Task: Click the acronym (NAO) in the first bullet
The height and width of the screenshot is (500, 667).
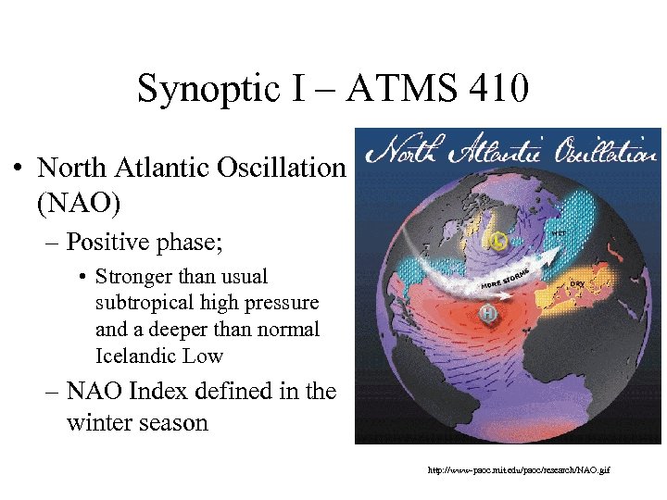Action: pyautogui.click(x=79, y=200)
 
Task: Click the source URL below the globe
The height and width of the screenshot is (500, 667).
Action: pyautogui.click(x=519, y=470)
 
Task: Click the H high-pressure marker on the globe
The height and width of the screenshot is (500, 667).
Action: pyautogui.click(x=486, y=316)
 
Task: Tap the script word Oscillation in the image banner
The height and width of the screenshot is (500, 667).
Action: pyautogui.click(x=608, y=148)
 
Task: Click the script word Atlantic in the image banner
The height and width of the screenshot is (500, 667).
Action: pyautogui.click(x=499, y=148)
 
